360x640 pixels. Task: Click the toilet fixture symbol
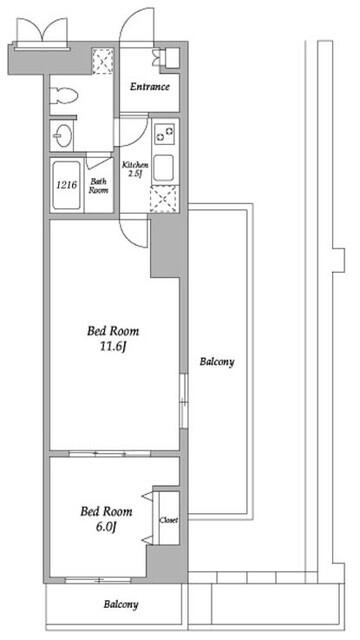(x=64, y=96)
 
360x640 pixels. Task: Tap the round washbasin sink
(x=64, y=134)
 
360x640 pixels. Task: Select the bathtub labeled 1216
(x=67, y=185)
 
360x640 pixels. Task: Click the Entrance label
(x=150, y=87)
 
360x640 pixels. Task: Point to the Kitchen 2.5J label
(x=136, y=169)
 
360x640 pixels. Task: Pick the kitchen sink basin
(x=164, y=169)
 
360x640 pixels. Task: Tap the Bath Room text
(x=99, y=185)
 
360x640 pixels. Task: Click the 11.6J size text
(x=113, y=347)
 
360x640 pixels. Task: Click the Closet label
(x=169, y=520)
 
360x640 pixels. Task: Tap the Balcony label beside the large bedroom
(x=217, y=362)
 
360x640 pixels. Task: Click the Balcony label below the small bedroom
(x=120, y=604)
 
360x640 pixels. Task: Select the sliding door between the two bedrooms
(x=109, y=453)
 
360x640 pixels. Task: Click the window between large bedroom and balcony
(x=183, y=401)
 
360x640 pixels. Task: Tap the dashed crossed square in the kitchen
(x=164, y=199)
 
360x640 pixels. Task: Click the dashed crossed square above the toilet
(x=102, y=61)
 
